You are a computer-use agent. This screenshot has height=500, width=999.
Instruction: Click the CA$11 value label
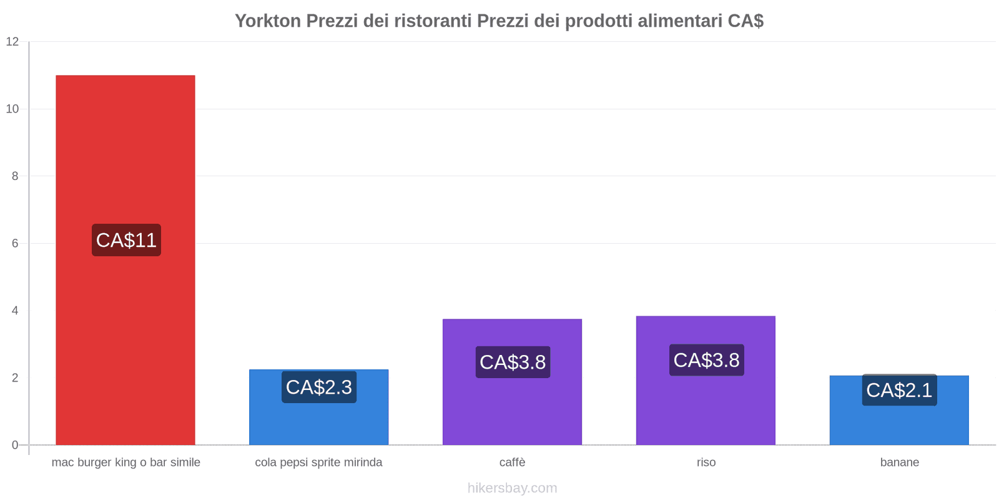(x=126, y=240)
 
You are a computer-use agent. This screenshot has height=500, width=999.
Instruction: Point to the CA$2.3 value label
(x=319, y=387)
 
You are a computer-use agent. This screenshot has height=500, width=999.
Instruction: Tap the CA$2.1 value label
(x=899, y=390)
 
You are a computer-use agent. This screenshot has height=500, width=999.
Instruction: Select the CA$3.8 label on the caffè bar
(x=513, y=362)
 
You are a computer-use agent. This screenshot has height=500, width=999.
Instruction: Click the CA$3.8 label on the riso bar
(x=706, y=360)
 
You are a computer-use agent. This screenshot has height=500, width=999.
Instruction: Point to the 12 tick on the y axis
(x=12, y=42)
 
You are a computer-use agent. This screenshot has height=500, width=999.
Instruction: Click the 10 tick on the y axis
(x=12, y=109)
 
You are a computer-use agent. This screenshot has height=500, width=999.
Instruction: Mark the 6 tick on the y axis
(x=15, y=243)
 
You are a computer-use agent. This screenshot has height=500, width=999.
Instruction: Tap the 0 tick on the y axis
(x=15, y=445)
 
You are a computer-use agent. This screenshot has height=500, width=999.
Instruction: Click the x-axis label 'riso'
(x=706, y=462)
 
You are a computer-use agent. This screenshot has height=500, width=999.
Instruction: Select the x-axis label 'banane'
(x=899, y=462)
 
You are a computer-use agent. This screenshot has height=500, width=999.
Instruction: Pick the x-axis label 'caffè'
(x=512, y=462)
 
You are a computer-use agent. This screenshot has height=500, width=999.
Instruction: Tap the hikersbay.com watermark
(x=512, y=488)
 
